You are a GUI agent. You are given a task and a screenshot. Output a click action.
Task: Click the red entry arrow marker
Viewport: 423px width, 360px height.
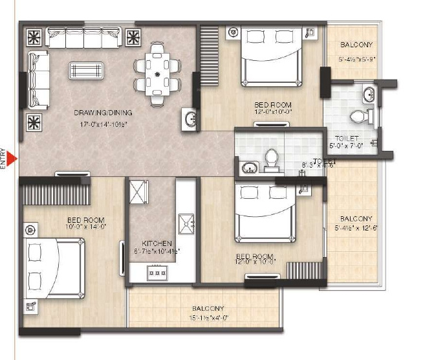(12, 158)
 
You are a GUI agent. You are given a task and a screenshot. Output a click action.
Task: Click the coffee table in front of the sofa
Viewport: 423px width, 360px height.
(85, 70)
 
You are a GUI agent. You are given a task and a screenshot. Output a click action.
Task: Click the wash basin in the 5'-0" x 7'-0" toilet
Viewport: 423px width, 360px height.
(367, 94)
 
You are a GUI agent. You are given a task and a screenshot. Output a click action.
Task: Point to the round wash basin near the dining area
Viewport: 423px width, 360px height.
(190, 118)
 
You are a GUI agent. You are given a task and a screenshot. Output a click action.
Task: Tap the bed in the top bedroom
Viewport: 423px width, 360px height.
(271, 56)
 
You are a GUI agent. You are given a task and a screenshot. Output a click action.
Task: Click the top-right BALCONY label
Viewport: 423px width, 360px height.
(356, 45)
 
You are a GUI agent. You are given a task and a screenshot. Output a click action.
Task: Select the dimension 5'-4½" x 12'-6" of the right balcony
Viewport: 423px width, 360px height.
(356, 227)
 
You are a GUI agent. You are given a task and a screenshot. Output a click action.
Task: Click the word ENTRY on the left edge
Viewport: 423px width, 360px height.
(4, 159)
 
